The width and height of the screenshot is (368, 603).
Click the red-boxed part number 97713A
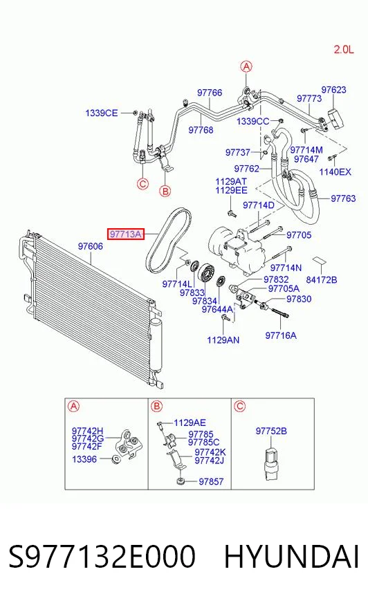point(126,234)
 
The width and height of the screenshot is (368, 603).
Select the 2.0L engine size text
point(343,49)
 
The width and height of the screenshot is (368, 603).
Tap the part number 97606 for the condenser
point(91,246)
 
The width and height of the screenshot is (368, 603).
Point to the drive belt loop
point(168,239)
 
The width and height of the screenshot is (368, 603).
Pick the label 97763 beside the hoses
point(343,198)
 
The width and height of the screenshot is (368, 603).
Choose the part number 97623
point(334,90)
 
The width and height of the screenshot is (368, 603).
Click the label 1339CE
point(102,113)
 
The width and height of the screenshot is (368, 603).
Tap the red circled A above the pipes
point(246,66)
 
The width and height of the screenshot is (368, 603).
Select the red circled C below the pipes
point(142,184)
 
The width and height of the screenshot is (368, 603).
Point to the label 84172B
point(322,280)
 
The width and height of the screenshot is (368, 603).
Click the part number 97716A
point(281,335)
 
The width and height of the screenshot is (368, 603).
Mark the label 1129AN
point(223,340)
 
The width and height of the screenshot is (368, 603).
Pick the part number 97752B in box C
point(271,431)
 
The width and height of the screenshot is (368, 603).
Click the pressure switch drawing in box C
point(271,464)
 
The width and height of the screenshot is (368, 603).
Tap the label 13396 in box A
point(84,459)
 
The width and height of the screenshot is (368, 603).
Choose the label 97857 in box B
point(211,481)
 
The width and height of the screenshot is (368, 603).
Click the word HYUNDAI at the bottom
point(291,557)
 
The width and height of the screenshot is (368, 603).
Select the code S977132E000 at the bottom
point(102,557)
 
